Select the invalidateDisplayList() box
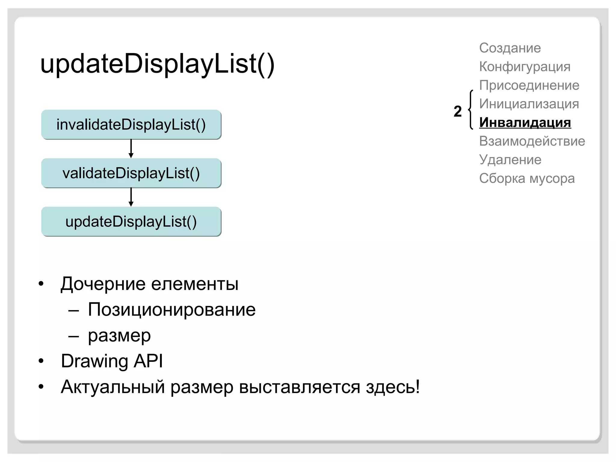point(131,125)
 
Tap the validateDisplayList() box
point(131,173)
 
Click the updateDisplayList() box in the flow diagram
point(131,222)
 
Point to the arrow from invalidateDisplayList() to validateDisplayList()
point(131,149)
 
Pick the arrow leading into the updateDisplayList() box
point(131,197)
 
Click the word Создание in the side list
point(510,48)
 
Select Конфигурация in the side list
point(525,67)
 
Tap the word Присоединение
point(529,85)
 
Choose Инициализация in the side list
point(529,104)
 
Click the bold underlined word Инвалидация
point(525,123)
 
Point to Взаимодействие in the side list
point(532,141)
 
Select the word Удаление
point(510,160)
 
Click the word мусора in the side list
point(552,178)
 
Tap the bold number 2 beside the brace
point(457,111)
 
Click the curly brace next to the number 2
point(471,110)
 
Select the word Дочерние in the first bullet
point(103,284)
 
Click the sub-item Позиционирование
point(171,310)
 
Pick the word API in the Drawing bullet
point(148,361)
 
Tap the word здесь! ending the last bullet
point(393,387)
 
